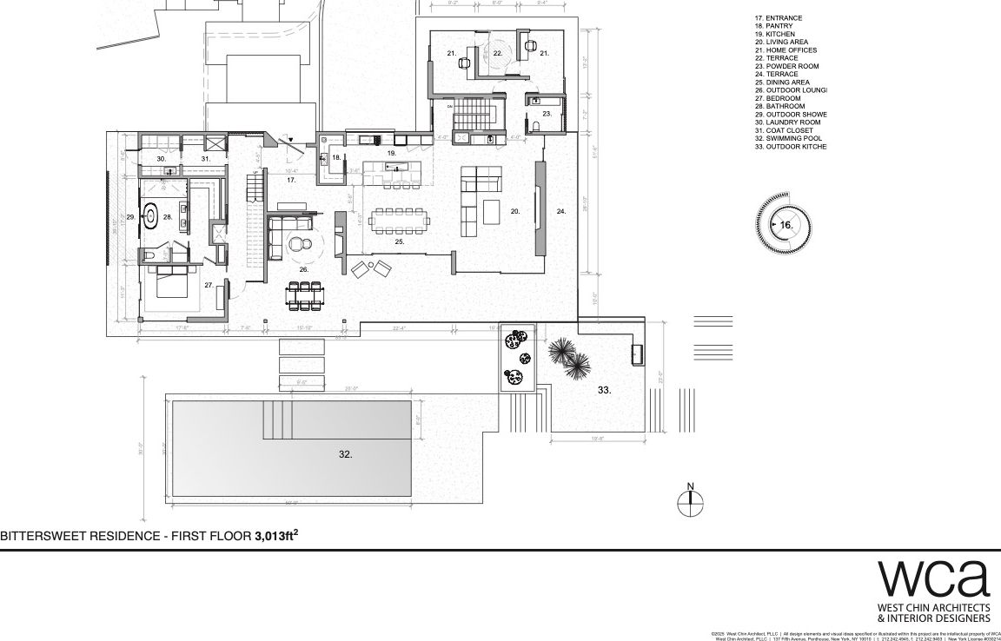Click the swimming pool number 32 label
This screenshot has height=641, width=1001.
pos(345,453)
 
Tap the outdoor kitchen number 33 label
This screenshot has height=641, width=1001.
pos(604,391)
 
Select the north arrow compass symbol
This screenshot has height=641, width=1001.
pos(690,500)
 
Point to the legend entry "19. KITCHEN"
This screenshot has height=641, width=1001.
pos(774,34)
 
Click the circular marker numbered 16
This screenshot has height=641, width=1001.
pos(785,225)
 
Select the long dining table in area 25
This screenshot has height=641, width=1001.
pos(399,221)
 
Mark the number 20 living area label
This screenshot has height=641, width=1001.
pos(514,211)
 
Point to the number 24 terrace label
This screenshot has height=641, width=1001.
pos(560,211)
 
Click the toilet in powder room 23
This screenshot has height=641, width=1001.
pos(535,127)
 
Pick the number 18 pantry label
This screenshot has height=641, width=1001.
pos(335,158)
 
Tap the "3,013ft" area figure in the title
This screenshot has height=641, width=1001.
pos(276,537)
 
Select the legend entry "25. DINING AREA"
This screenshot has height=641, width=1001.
pos(782,83)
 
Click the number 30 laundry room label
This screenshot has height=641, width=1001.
pos(161,160)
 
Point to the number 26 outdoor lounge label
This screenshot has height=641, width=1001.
pos(304,270)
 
